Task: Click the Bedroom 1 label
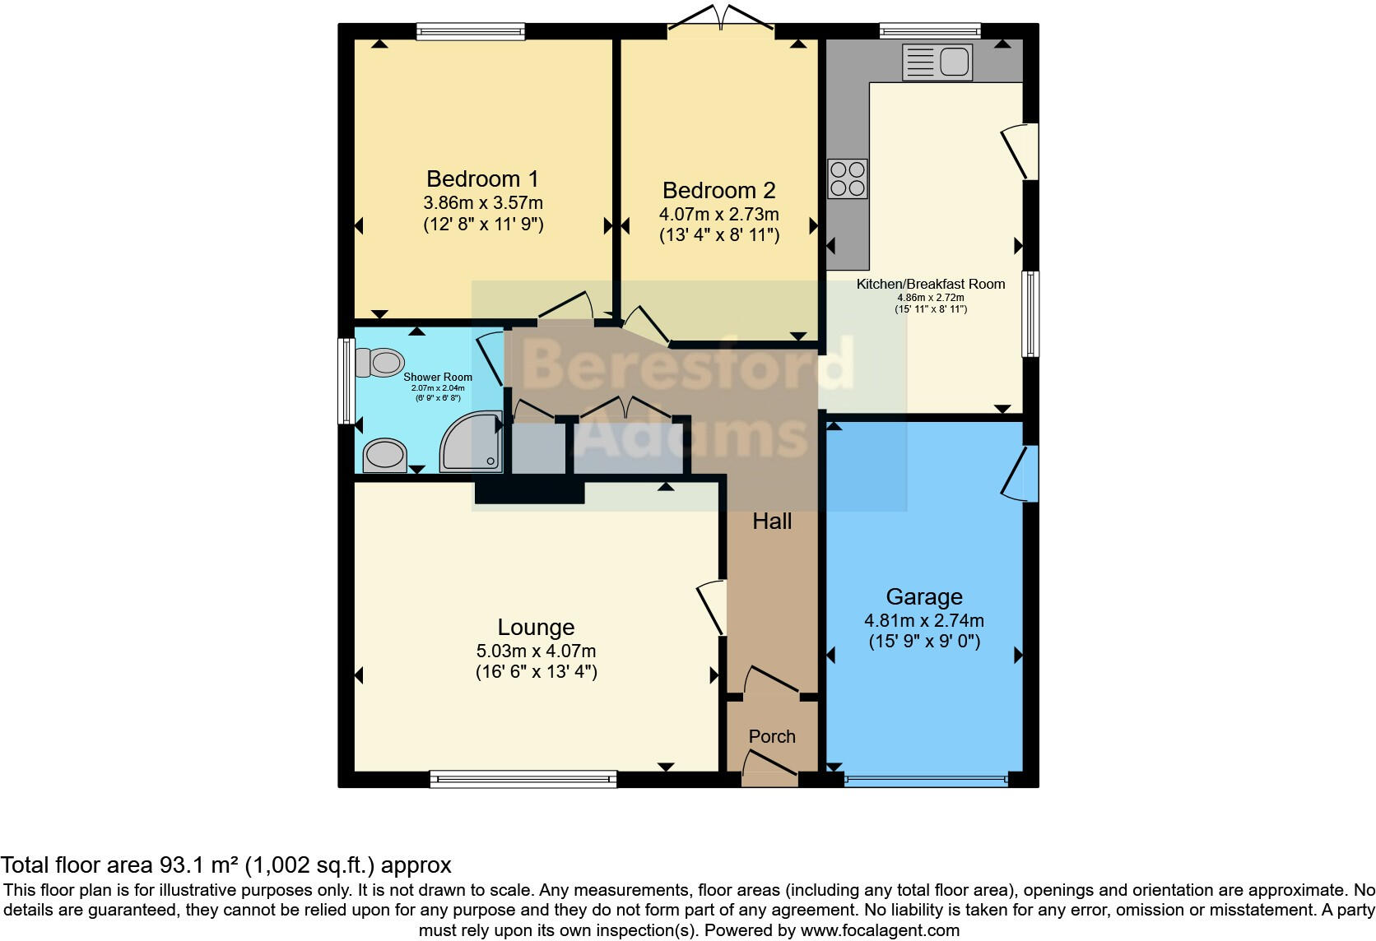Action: pyautogui.click(x=482, y=178)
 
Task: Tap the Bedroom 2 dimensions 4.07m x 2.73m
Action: pyautogui.click(x=718, y=214)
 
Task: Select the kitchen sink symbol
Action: pyautogui.click(x=937, y=63)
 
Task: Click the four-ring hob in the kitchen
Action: pyautogui.click(x=848, y=178)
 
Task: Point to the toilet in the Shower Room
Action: pyautogui.click(x=380, y=362)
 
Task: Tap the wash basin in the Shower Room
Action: pyautogui.click(x=385, y=455)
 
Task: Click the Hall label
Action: pyautogui.click(x=772, y=521)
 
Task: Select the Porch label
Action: pyautogui.click(x=772, y=736)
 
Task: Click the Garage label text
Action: pyautogui.click(x=924, y=596)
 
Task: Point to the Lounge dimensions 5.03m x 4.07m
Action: pyautogui.click(x=536, y=651)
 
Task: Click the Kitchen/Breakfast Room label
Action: pyautogui.click(x=931, y=284)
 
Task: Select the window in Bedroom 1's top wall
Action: pyautogui.click(x=471, y=31)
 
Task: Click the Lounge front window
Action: pyautogui.click(x=523, y=779)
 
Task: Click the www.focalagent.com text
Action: pyautogui.click(x=880, y=930)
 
